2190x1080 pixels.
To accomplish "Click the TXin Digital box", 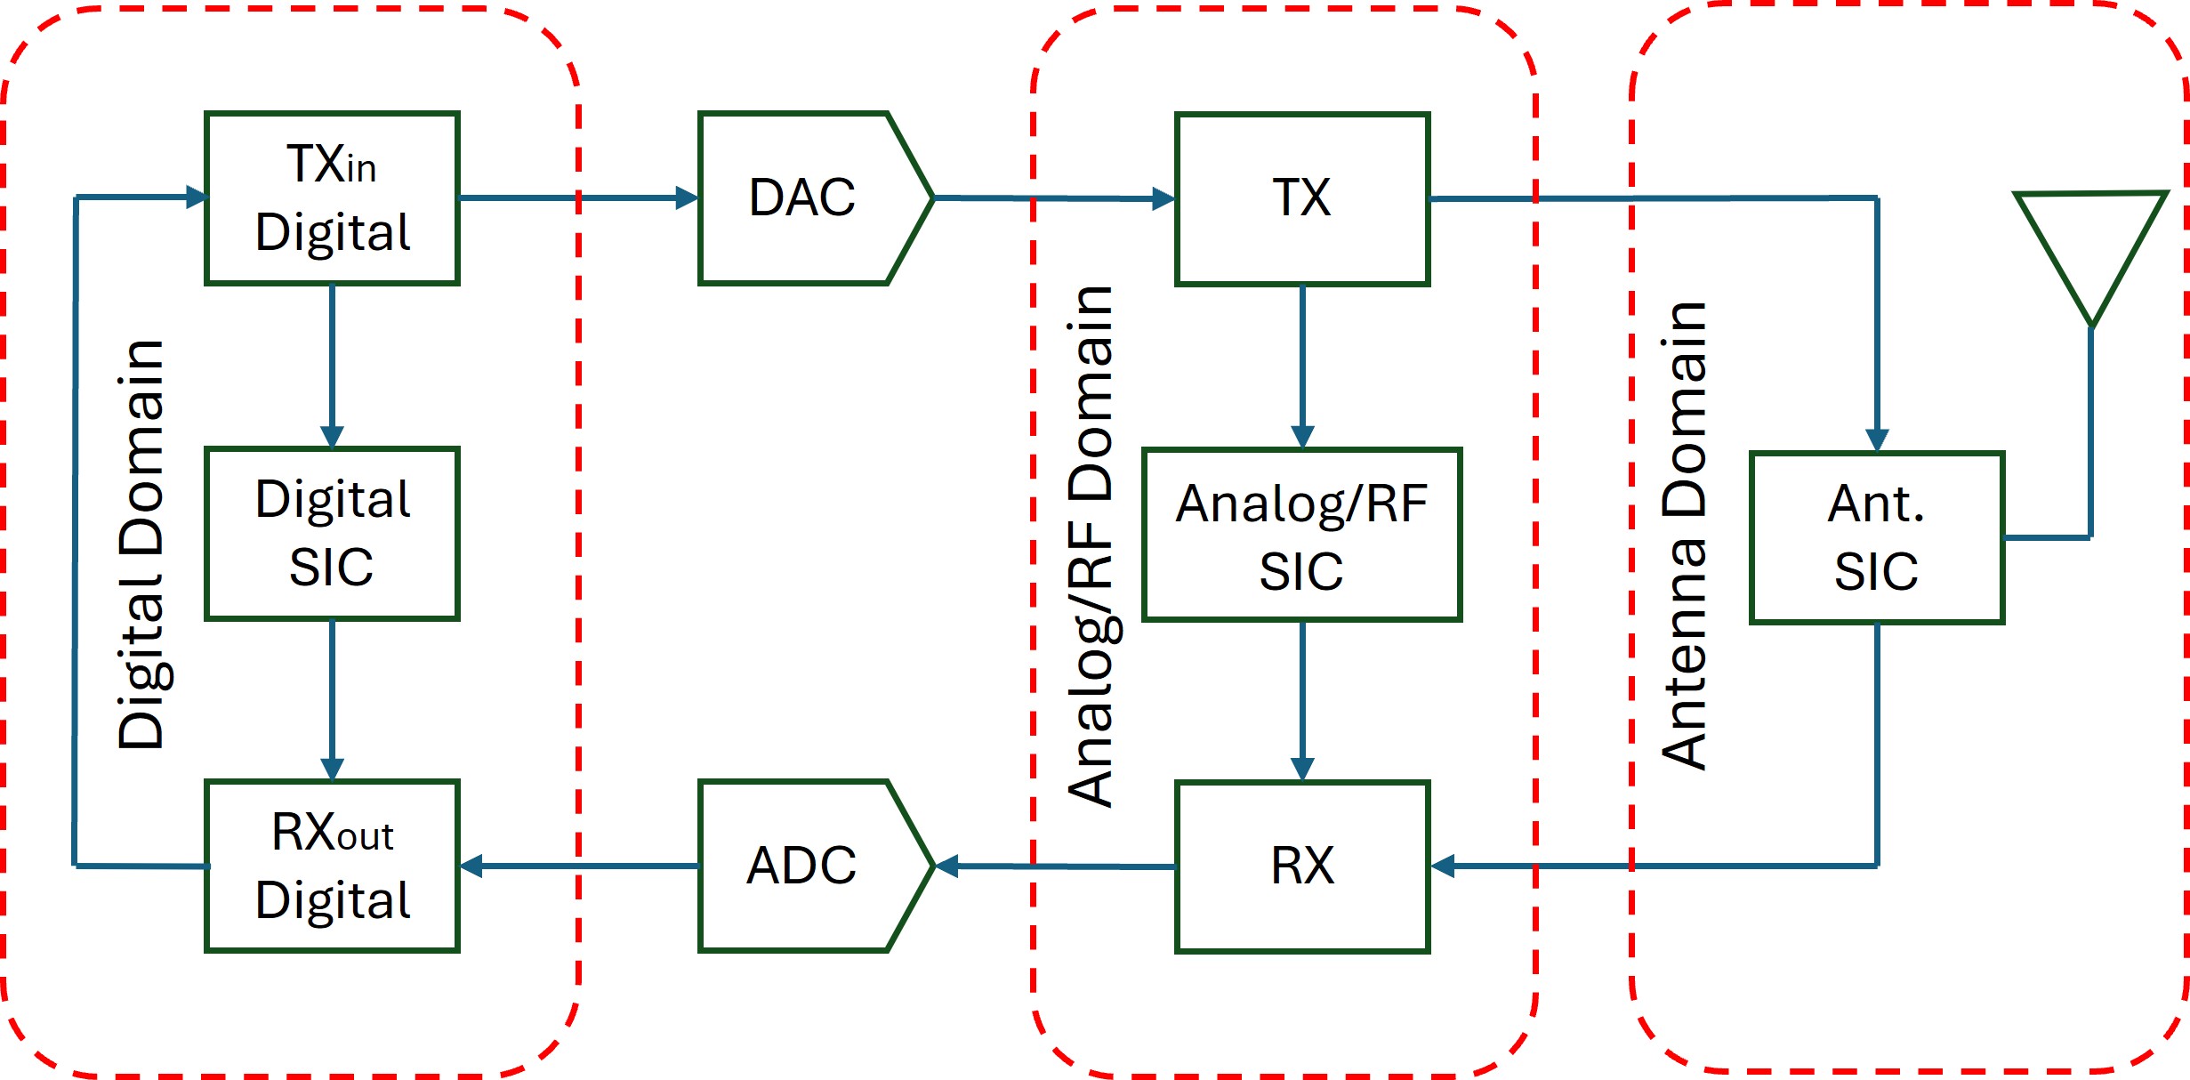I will tap(332, 197).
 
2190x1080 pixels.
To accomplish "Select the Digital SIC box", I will tap(332, 533).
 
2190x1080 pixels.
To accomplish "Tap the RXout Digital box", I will tap(332, 866).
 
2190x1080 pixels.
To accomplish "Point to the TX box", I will tap(1301, 198).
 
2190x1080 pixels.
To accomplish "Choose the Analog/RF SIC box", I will tap(1301, 535).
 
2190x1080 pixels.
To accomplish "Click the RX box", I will tap(1301, 866).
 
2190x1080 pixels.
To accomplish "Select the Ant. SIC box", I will tap(1876, 537).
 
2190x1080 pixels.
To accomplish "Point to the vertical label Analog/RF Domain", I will tap(1091, 546).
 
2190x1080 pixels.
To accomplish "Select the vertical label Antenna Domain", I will tap(1685, 536).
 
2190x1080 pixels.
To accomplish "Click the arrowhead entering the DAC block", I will tap(688, 197).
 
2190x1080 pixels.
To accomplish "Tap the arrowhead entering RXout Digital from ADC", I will tap(471, 866).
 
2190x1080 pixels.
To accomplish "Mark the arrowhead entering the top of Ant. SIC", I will tap(1877, 440).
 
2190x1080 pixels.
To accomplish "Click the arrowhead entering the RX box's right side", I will tap(1443, 866).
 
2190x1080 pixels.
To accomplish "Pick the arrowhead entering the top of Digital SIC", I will tap(332, 436).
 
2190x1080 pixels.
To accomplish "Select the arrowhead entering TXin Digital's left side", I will tap(196, 197).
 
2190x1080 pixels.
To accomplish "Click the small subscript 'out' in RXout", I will tap(365, 838).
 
